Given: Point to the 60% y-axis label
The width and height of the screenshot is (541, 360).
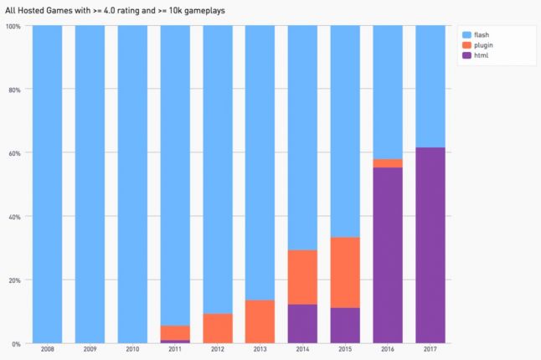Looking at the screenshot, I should pyautogui.click(x=14, y=153).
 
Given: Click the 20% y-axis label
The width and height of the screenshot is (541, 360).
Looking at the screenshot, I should pyautogui.click(x=14, y=280).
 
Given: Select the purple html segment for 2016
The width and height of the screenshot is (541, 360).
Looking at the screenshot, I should pyautogui.click(x=387, y=255).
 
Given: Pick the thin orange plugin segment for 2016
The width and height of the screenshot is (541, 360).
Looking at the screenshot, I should pyautogui.click(x=387, y=163).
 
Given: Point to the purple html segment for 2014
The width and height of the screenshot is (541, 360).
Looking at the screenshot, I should pyautogui.click(x=301, y=323).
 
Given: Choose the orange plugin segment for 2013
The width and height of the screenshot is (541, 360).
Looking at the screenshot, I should pyautogui.click(x=260, y=321).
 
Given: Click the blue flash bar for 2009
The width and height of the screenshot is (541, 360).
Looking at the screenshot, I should pyautogui.click(x=90, y=184).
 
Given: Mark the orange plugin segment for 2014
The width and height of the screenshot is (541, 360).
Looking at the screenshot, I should pyautogui.click(x=301, y=277).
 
